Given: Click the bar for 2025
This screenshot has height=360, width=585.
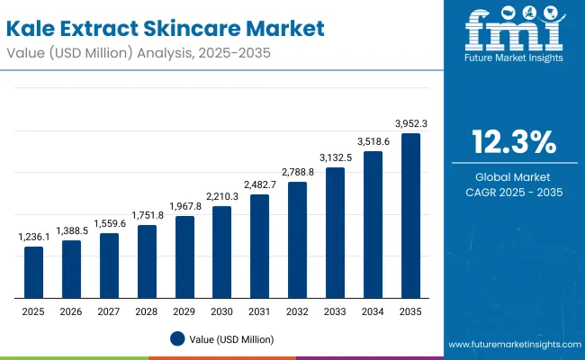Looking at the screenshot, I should (x=33, y=272).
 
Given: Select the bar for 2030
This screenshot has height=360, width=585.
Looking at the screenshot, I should (x=221, y=252).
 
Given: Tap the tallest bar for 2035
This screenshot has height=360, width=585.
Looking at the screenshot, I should (x=410, y=216).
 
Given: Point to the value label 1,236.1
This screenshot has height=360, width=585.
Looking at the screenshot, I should (x=33, y=237).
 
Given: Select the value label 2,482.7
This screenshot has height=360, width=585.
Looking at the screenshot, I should (x=259, y=184).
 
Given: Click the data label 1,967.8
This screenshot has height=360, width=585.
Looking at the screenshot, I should (x=184, y=206).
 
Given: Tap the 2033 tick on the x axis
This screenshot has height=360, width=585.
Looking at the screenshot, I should (x=335, y=311).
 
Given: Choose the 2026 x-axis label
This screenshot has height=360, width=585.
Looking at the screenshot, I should (x=71, y=311).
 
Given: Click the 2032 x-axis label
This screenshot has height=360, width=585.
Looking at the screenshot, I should (x=297, y=311).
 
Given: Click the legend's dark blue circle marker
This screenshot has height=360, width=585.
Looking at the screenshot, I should (x=177, y=338).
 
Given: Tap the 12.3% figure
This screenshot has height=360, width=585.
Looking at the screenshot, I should (x=514, y=143).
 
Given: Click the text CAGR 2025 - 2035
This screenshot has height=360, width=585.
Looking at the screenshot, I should (x=514, y=192).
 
